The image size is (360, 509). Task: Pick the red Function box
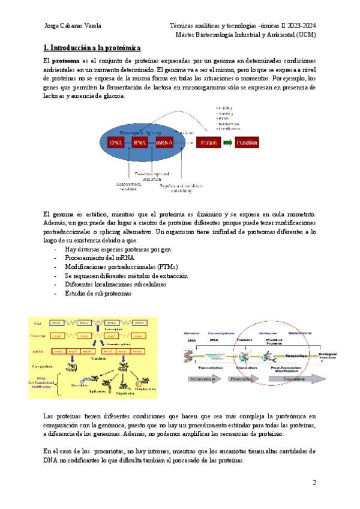tap(247, 143)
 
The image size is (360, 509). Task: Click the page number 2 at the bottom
tap(314, 482)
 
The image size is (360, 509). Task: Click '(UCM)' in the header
tap(305, 35)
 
